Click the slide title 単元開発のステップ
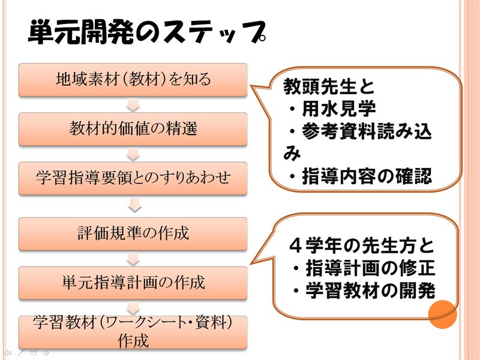point(147,32)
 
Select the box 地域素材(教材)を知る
point(133,80)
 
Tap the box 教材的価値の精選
point(133,129)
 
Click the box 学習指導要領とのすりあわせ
point(133,178)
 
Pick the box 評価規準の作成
point(133,233)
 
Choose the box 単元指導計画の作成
point(133,283)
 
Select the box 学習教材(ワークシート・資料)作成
point(133,332)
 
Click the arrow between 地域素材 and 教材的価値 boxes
point(133,104)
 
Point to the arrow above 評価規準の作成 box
point(134,205)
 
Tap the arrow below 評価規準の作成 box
point(133,259)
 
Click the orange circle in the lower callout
point(442,314)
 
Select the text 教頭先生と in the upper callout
point(329,86)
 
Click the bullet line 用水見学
point(332,109)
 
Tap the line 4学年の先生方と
point(362,245)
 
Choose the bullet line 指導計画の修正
point(364,268)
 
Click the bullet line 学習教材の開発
point(364,290)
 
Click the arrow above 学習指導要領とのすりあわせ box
point(133,154)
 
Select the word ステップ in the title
point(214,32)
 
